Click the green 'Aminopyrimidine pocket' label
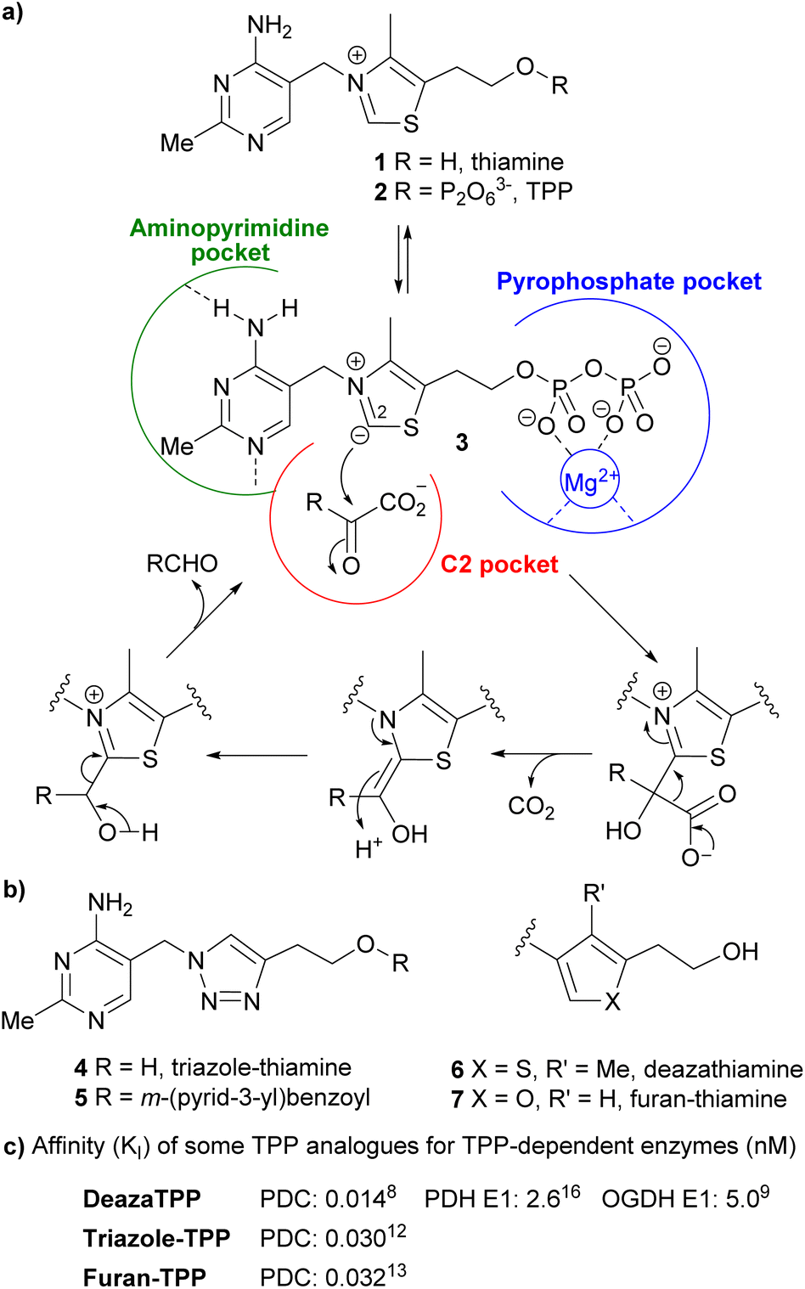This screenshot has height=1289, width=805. pos(229,240)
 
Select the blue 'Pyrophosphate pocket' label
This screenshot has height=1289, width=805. pos(628,282)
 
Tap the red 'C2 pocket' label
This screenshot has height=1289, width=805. pos(499,565)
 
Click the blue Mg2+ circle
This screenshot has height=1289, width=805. pos(591,482)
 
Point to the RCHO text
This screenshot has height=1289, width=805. pos(182,564)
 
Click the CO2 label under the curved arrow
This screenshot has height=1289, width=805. pos(531,806)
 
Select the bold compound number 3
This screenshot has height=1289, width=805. pos(461,442)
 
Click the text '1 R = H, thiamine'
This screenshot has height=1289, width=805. pos(470,161)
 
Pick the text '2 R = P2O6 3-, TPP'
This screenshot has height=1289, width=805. pos(473,192)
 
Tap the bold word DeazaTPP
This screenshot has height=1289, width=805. pos(142,1199)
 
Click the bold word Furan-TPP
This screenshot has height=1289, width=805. pos(144,1277)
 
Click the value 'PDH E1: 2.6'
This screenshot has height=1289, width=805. pos(502,1198)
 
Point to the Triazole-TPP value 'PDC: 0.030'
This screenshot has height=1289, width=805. pos(333,1238)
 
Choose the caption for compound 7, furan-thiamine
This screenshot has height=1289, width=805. pos(619,1099)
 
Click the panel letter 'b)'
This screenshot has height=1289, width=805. pos(14,889)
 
